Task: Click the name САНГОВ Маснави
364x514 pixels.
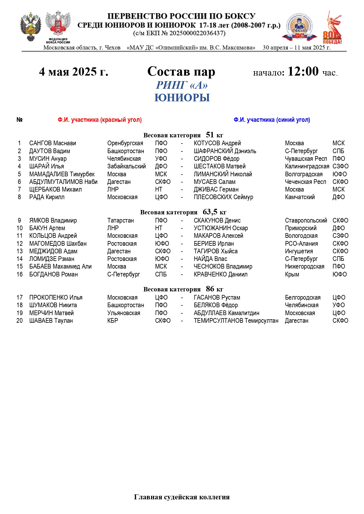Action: click(x=53, y=143)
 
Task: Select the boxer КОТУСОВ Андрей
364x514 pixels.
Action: click(x=217, y=143)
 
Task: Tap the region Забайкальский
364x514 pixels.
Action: click(x=126, y=166)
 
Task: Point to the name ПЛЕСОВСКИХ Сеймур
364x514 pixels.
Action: click(x=223, y=197)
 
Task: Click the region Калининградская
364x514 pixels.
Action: click(x=307, y=166)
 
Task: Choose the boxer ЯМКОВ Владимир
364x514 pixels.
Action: click(x=53, y=221)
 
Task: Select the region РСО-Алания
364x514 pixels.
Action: click(x=301, y=244)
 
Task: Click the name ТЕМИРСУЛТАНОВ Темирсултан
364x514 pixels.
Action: click(x=236, y=321)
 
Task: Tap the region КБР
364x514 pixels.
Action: click(x=113, y=321)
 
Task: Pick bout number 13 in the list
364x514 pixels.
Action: click(x=20, y=251)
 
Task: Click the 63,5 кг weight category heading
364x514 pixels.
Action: click(x=183, y=212)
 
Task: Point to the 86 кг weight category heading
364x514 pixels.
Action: click(x=183, y=289)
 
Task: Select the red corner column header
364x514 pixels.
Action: click(x=99, y=120)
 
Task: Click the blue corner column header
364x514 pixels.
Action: click(x=272, y=120)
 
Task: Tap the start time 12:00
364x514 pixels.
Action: click(x=303, y=71)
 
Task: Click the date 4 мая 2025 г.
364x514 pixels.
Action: click(x=74, y=72)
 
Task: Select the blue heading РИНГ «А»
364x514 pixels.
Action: click(x=182, y=85)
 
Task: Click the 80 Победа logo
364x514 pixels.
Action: click(x=333, y=28)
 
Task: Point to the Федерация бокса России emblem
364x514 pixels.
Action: click(x=58, y=27)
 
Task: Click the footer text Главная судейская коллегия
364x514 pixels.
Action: click(x=182, y=497)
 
